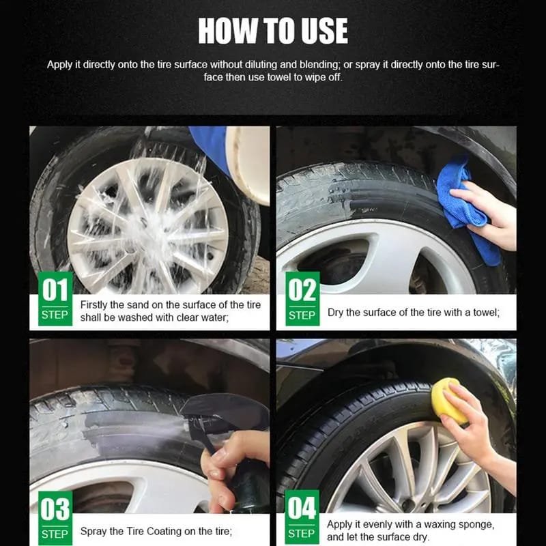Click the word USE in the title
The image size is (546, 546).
click(324, 31)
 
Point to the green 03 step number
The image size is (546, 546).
click(55, 508)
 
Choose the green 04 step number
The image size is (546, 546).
click(302, 508)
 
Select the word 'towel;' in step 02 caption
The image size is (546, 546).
click(486, 313)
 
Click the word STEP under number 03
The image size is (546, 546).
click(55, 534)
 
